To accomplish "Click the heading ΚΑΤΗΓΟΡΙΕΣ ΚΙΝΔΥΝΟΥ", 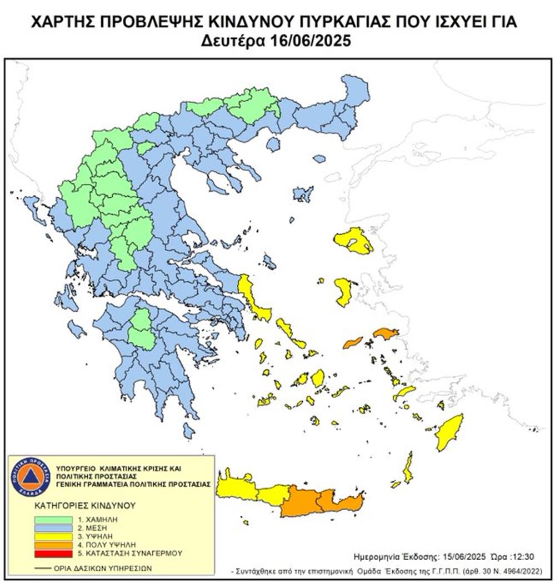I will click(x=77, y=506).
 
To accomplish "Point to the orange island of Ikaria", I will click(x=352, y=342).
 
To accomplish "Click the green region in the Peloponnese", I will click(x=142, y=331).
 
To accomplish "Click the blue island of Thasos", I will click(x=273, y=144).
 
